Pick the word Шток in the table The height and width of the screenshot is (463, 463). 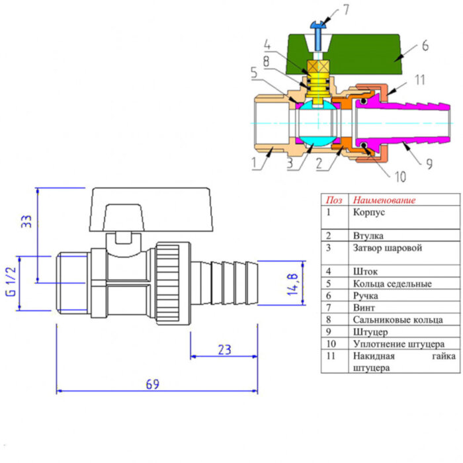pyautogui.click(x=364, y=271)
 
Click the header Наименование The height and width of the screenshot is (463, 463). pyautogui.click(x=384, y=200)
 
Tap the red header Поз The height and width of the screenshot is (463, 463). pyautogui.click(x=334, y=200)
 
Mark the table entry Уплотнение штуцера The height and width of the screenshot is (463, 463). pyautogui.click(x=398, y=344)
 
